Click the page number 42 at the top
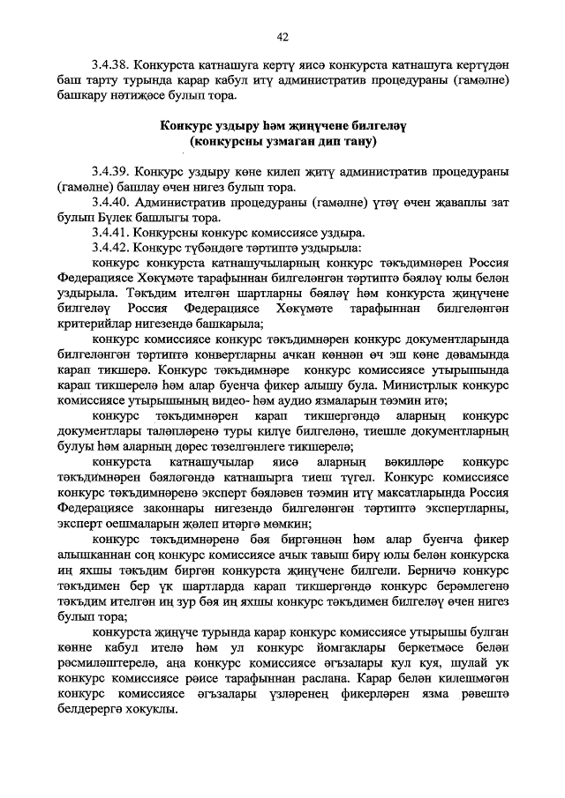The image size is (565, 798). click(x=282, y=37)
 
